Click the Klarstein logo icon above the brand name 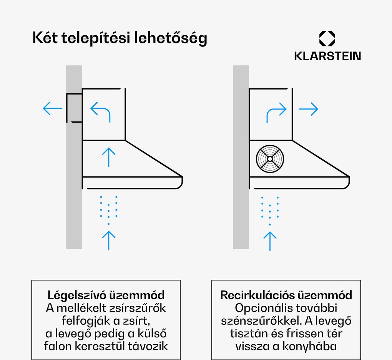click(327, 39)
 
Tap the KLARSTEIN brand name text click(327, 56)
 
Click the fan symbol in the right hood click(270, 159)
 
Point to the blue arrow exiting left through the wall click(53, 109)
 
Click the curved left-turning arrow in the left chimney click(101, 112)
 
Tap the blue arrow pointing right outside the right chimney click(308, 109)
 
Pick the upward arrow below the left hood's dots click(109, 240)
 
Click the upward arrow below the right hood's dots click(270, 241)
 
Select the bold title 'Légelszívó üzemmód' click(106, 295)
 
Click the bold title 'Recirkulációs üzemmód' click(286, 295)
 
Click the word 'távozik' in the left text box click(151, 346)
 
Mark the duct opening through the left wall click(74, 108)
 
